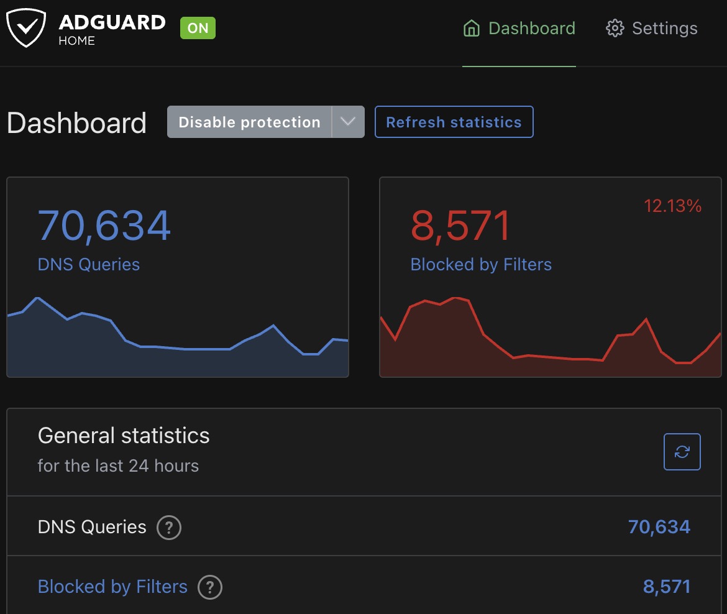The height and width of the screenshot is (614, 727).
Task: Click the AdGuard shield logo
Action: click(27, 28)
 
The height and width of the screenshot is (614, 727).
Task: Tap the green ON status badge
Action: click(198, 29)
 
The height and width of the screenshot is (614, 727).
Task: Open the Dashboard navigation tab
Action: click(519, 29)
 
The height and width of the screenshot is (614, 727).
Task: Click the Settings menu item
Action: click(664, 29)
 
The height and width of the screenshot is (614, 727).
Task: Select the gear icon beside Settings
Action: click(615, 29)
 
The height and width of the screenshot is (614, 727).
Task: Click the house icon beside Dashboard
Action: click(472, 29)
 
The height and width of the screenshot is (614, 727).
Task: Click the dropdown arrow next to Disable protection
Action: click(348, 122)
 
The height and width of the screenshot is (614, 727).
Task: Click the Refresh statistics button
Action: click(454, 122)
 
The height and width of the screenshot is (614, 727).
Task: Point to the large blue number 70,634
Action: click(104, 226)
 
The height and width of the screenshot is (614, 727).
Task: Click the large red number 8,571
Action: click(461, 226)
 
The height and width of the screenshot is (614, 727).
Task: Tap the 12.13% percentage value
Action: click(672, 206)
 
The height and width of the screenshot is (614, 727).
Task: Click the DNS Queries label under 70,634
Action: click(89, 265)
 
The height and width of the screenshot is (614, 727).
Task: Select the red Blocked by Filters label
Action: click(481, 265)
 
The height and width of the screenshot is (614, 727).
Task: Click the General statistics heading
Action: click(124, 436)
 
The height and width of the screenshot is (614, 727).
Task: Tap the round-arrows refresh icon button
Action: click(682, 452)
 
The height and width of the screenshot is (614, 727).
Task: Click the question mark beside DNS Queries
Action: click(168, 528)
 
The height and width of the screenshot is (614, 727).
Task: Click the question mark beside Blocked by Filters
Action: click(210, 587)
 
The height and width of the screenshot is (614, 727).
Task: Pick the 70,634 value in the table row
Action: click(659, 528)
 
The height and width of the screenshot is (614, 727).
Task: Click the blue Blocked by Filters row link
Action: click(112, 587)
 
